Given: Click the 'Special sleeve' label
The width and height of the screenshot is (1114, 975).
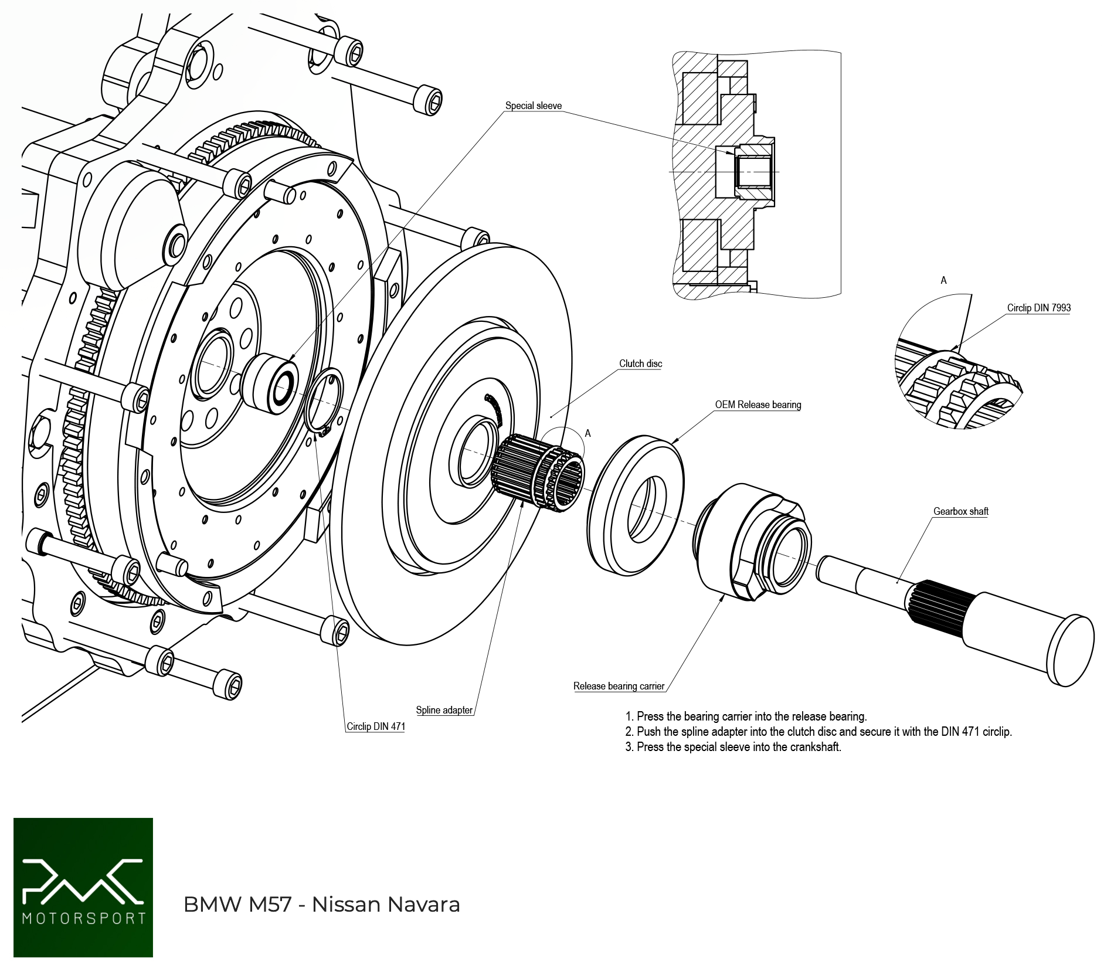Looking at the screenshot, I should coord(533,106).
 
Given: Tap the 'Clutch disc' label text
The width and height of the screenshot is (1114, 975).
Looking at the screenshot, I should coord(640,364).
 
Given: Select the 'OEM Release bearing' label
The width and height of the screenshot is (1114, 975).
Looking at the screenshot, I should coord(758,405).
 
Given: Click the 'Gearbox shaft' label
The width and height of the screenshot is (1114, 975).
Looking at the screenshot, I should coord(960,512).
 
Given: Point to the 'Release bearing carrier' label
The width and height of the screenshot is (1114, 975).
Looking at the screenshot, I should coord(619,687).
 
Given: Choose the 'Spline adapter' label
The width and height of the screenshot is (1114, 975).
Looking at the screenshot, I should coord(444,711).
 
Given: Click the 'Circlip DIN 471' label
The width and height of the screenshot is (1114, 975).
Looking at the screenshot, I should coord(375,727).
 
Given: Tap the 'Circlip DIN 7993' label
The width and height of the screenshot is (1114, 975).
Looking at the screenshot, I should coord(1038,308).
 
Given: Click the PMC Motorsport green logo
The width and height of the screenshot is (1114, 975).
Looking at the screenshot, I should coord(83,888).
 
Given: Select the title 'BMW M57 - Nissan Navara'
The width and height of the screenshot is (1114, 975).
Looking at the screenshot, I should coord(321,905).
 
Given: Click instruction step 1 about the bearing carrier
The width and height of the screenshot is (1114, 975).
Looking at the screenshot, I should coord(746,716).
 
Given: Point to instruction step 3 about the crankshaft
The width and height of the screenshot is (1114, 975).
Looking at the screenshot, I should coord(733,747).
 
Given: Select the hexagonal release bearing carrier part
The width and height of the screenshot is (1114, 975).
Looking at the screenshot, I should coord(753,542).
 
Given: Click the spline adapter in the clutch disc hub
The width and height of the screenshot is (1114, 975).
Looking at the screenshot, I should coord(536,472).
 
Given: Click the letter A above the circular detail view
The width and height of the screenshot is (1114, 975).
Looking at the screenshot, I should coord(943,281).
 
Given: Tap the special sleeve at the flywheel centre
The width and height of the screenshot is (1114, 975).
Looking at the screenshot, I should coord(271,383).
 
